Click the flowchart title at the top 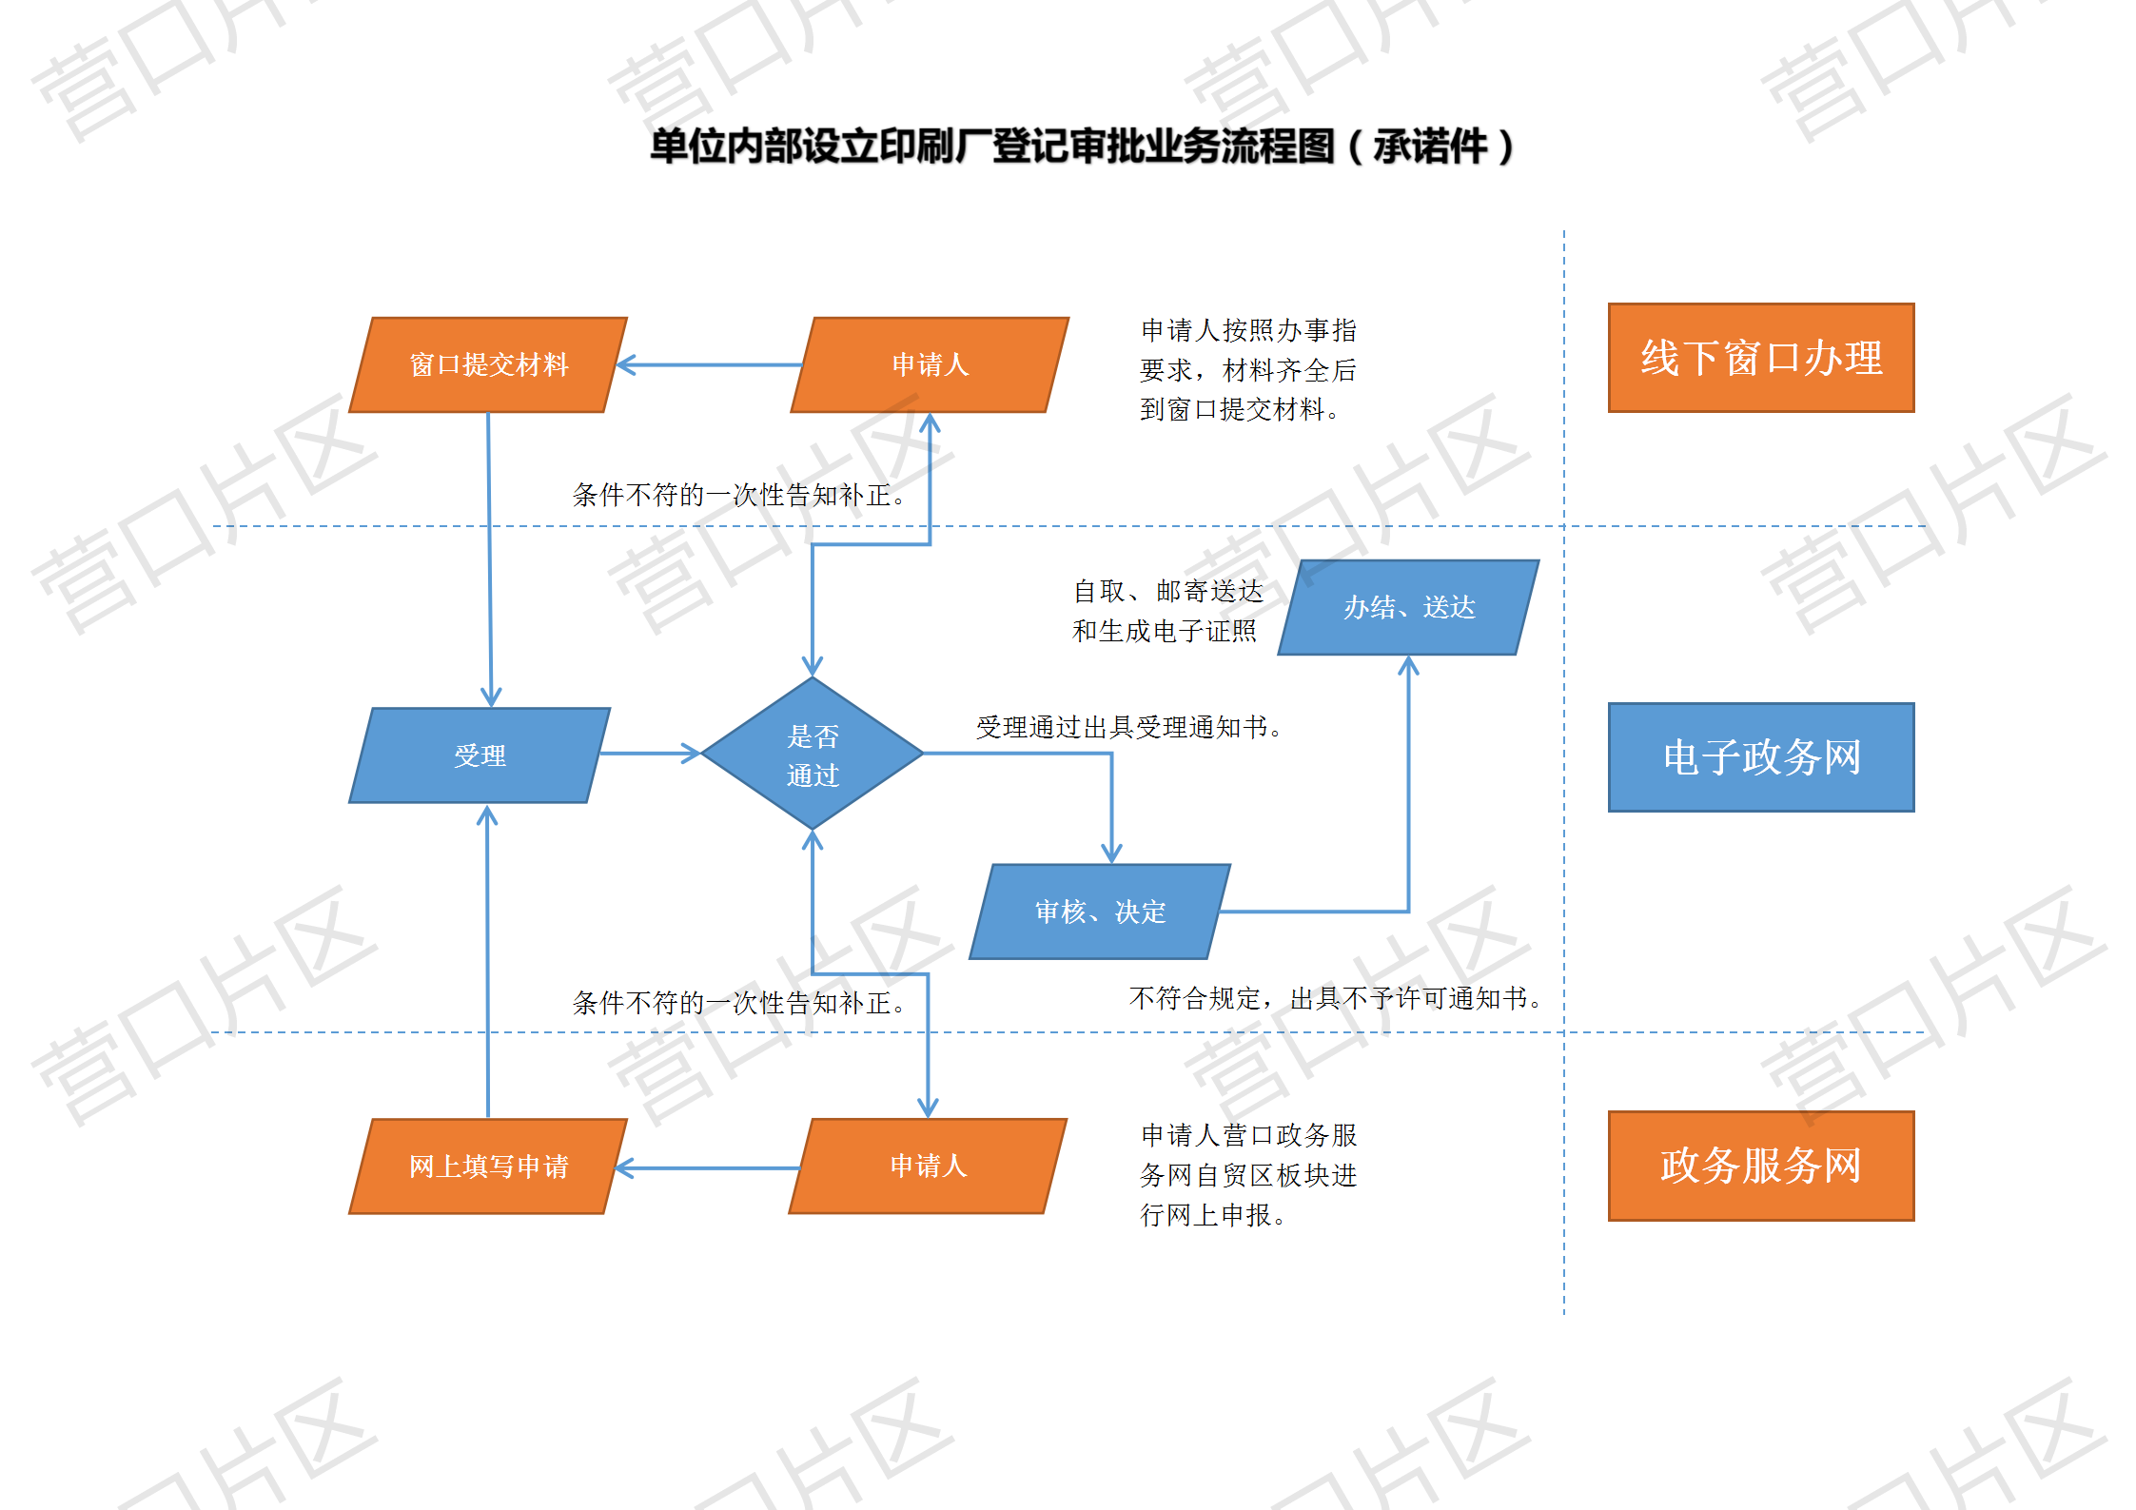[1081, 147]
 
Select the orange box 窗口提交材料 [488, 364]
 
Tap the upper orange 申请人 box [930, 364]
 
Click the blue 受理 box [480, 755]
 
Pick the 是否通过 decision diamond [813, 754]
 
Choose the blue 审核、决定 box [1100, 912]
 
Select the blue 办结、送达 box [1409, 607]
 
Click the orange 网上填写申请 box [488, 1167]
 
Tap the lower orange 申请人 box [928, 1167]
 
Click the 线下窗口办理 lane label [1761, 358]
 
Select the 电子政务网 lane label [1761, 757]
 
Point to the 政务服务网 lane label [1761, 1166]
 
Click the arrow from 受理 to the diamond [651, 754]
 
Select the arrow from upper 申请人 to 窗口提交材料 [710, 364]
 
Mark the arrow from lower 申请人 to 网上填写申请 [708, 1167]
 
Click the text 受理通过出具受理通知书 [1129, 728]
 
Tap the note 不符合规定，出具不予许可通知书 [1336, 998]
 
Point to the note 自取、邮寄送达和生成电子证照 [1167, 611]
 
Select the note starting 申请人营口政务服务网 [1248, 1175]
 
